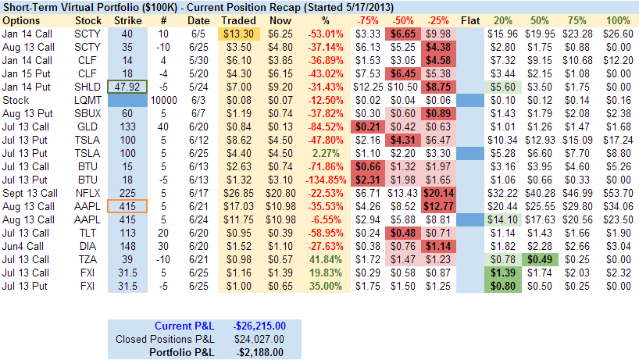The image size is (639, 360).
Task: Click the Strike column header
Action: (128, 20)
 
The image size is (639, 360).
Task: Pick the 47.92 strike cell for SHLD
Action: (127, 86)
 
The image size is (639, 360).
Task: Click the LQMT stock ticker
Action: (87, 100)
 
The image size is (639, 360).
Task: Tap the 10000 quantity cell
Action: (162, 100)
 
